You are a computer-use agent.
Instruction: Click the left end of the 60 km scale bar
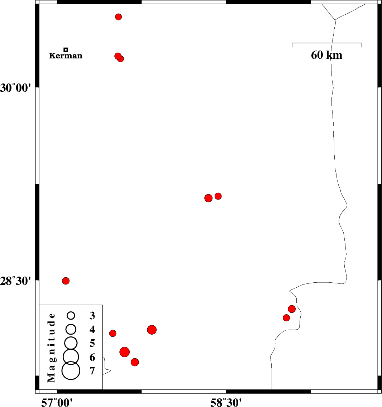(x=292, y=43)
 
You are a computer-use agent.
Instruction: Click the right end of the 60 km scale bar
(x=362, y=43)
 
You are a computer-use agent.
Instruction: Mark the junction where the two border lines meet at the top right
(x=335, y=20)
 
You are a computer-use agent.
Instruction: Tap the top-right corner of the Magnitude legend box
(x=102, y=305)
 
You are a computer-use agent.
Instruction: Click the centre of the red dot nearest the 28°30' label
(x=66, y=281)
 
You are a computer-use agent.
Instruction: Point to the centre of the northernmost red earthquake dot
(x=118, y=17)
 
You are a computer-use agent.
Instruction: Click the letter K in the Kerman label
(x=52, y=56)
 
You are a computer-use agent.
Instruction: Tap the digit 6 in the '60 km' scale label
(x=314, y=55)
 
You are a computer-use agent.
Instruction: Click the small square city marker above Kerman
(x=66, y=49)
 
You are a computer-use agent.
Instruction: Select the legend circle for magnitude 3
(x=71, y=315)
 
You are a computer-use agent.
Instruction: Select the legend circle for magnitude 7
(x=71, y=371)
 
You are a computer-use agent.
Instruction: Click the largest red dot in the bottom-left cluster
(x=125, y=352)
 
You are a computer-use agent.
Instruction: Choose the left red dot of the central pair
(x=208, y=198)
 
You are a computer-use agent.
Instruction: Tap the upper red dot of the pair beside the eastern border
(x=292, y=309)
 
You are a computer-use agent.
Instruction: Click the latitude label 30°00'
(x=15, y=88)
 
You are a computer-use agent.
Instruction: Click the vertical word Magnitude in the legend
(x=51, y=348)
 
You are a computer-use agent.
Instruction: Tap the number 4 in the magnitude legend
(x=92, y=330)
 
